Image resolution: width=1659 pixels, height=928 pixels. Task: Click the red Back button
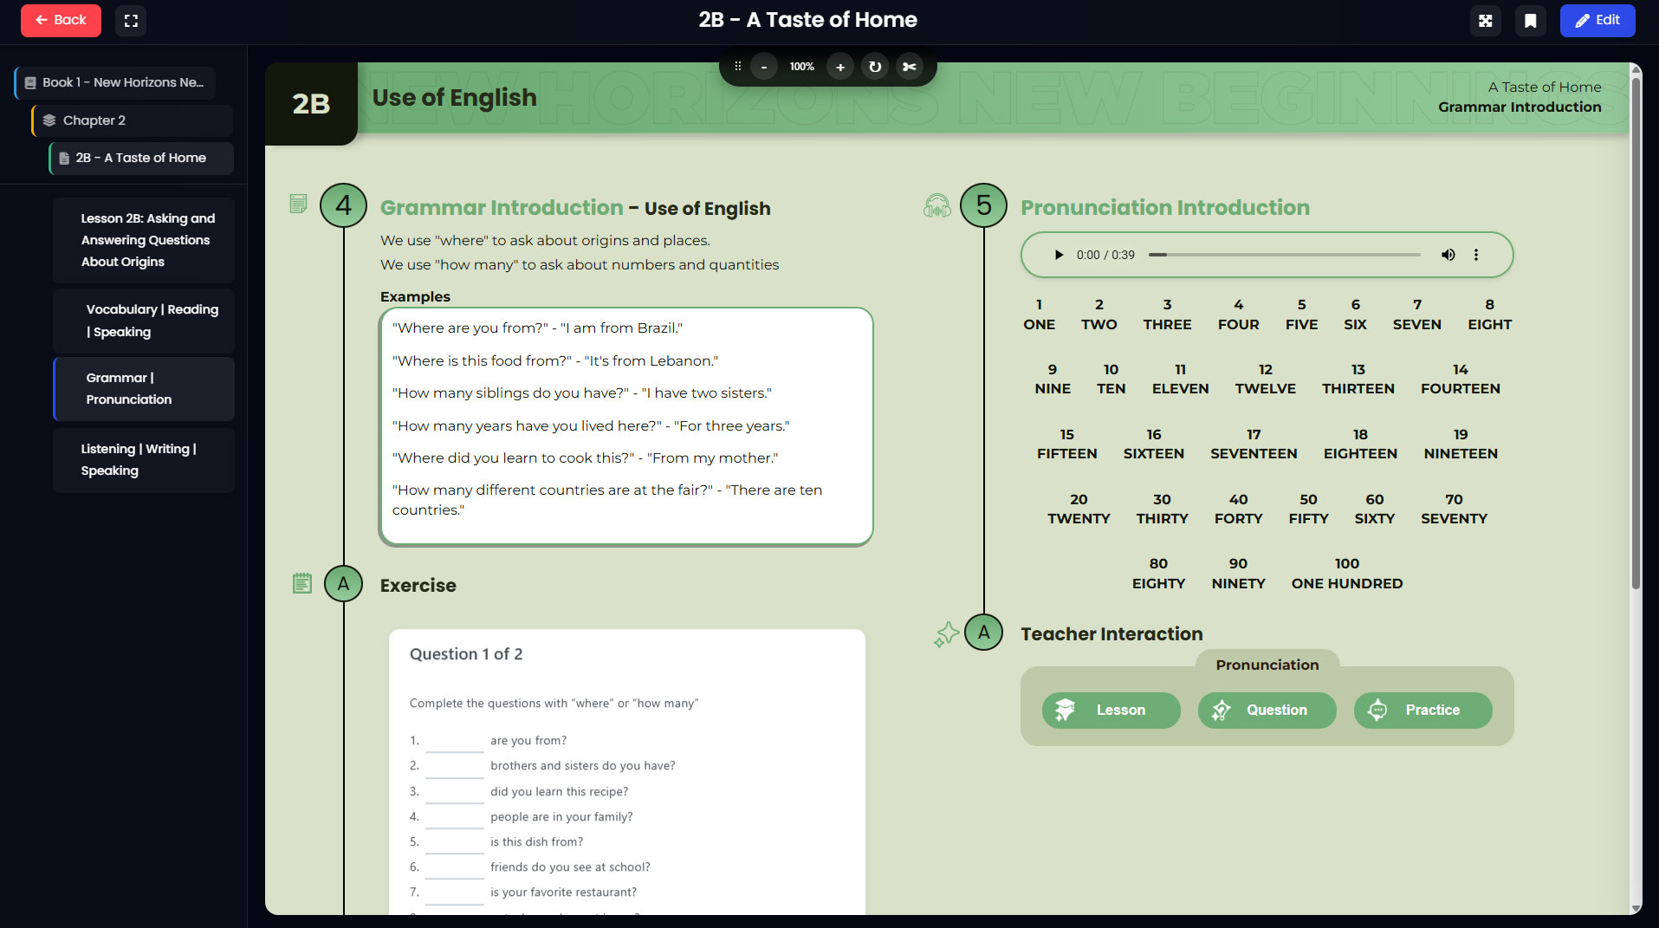[61, 20]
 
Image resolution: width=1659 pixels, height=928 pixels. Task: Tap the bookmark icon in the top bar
[1530, 21]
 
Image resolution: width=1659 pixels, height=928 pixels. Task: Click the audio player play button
[1058, 255]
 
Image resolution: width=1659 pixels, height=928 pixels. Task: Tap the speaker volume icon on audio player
[1448, 255]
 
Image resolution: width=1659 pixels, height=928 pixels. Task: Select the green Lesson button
[1111, 710]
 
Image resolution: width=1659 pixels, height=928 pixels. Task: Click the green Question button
[1267, 710]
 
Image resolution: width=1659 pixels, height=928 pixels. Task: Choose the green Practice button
[1422, 710]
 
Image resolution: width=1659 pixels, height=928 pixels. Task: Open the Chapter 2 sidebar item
[133, 120]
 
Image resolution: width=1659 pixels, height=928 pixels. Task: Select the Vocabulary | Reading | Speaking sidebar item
[144, 321]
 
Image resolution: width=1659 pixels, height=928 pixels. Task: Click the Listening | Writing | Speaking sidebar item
[144, 460]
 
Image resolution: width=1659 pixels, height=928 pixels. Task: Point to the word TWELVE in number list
[1265, 389]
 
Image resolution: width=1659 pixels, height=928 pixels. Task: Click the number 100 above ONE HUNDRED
[1346, 564]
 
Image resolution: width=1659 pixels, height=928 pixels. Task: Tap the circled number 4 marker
[343, 205]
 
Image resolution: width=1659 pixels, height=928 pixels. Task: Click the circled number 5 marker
[983, 205]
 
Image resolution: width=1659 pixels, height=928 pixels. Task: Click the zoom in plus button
[839, 67]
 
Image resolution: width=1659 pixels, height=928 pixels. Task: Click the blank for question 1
[454, 742]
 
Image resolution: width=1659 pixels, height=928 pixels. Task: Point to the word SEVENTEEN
[1254, 454]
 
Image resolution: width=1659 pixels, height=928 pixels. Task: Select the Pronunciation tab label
[1267, 665]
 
